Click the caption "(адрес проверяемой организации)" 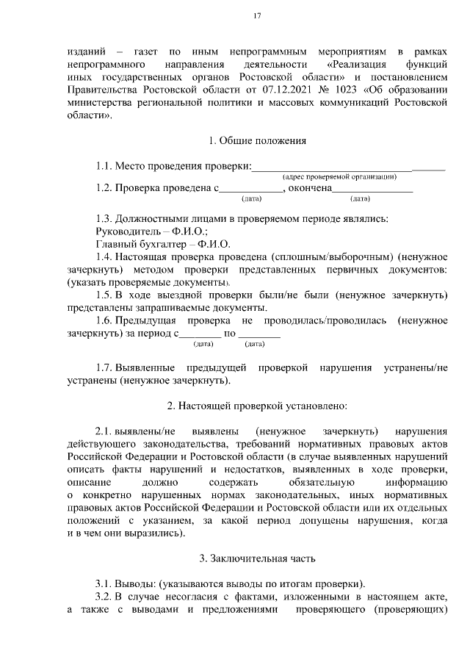pos(340,176)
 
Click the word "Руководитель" pos(126,231)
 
